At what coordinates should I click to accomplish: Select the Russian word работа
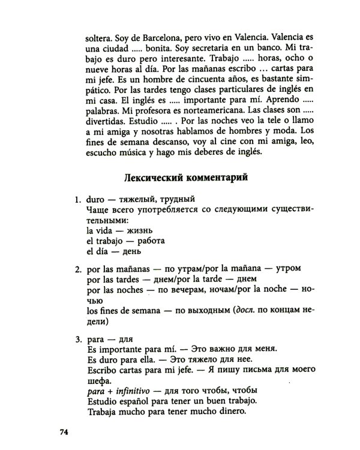(x=156, y=239)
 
